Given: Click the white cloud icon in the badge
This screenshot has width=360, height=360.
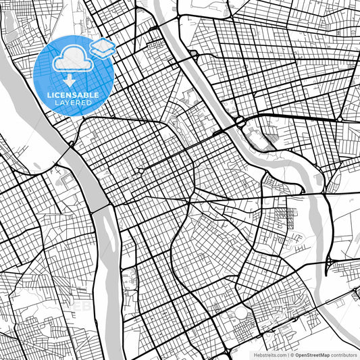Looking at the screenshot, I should [x=70, y=59].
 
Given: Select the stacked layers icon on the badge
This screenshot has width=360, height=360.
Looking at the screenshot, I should [x=103, y=47].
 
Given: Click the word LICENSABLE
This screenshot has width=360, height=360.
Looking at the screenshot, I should [x=73, y=95].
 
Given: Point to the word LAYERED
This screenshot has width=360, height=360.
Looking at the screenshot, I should [x=73, y=104].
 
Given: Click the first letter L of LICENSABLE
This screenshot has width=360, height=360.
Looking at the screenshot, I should [x=49, y=95].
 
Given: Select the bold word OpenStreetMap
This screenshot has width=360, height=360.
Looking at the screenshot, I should [x=311, y=355].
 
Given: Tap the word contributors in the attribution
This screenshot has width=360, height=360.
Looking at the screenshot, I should [x=343, y=355].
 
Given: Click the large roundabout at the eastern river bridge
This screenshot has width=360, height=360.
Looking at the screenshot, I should [x=240, y=122].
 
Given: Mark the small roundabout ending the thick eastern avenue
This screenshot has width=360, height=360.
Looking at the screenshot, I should [x=340, y=119].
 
